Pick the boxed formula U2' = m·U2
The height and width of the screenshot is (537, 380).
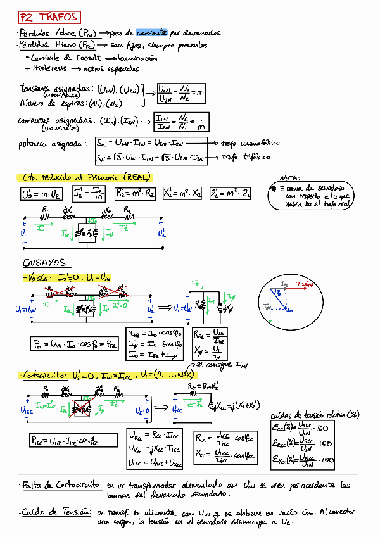[40, 194]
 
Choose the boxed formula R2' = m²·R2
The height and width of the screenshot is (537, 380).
[136, 194]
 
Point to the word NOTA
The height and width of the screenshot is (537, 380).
[290, 179]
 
